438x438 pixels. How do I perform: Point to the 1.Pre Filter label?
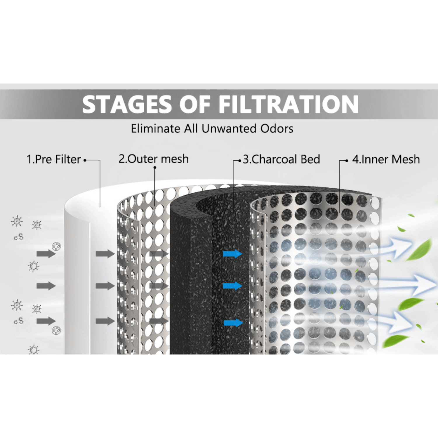53,159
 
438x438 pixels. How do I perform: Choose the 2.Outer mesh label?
154,159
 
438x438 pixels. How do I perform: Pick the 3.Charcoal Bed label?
281,159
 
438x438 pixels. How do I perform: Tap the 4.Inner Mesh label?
386,159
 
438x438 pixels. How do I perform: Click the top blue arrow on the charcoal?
232,254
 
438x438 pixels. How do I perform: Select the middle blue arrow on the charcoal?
232,286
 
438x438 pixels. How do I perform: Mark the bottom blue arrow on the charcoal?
233,323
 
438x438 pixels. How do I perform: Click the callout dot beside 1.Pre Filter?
85,160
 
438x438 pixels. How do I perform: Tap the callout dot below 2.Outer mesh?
155,168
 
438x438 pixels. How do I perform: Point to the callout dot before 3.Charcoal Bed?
240,160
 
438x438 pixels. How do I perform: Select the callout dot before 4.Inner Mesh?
347,160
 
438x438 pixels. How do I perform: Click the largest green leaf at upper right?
420,250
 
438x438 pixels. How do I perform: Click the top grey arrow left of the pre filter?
46,254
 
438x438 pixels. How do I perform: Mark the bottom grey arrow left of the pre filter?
46,321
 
